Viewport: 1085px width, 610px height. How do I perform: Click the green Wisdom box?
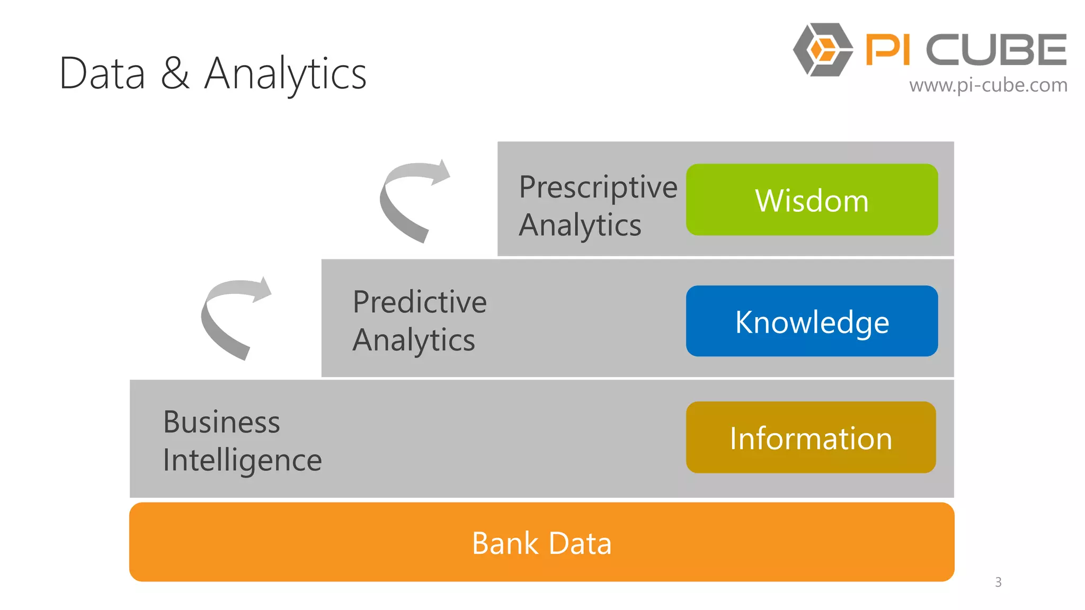click(812, 200)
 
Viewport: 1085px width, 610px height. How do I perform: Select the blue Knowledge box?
click(812, 321)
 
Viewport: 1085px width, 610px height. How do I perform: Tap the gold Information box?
click(811, 438)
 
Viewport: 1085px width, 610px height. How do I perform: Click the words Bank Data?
click(541, 543)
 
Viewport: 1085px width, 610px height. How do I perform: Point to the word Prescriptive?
click(598, 187)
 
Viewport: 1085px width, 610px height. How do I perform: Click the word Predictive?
click(420, 302)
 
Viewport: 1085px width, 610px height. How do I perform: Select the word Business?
click(221, 423)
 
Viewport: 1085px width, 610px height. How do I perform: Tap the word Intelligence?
click(242, 460)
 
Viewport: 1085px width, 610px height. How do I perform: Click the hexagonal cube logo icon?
click(822, 50)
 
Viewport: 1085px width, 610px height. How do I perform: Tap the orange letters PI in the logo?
click(887, 50)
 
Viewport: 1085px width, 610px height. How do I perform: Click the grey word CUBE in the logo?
click(996, 50)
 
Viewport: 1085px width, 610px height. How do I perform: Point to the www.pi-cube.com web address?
click(988, 85)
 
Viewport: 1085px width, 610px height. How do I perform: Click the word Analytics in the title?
click(286, 74)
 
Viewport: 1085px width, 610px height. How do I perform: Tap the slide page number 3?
click(998, 582)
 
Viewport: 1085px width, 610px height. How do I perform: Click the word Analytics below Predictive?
click(414, 340)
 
